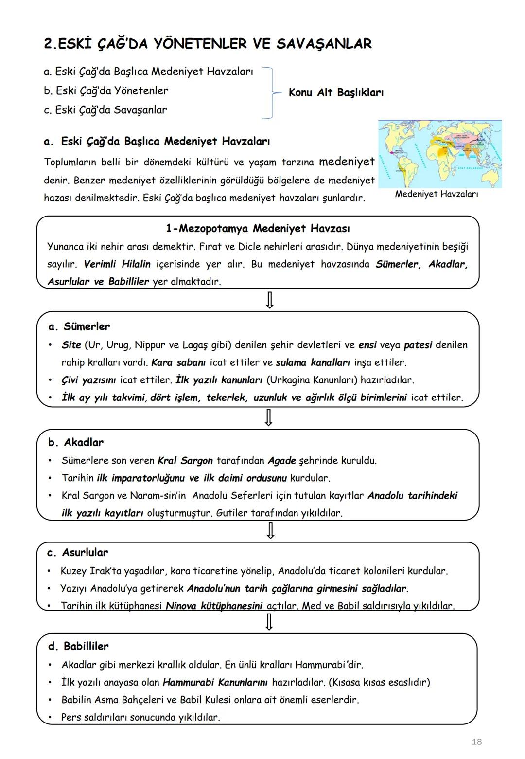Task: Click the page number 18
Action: click(x=476, y=741)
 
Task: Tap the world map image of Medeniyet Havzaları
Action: click(x=439, y=154)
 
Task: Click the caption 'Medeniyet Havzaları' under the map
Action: click(x=436, y=194)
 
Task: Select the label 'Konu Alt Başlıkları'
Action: click(x=336, y=92)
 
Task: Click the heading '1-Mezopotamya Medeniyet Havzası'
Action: click(x=258, y=228)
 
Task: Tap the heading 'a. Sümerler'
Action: click(x=79, y=326)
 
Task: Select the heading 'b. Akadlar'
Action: click(x=76, y=442)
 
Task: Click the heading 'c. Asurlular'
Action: click(x=78, y=552)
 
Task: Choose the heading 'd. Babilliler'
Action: click(x=78, y=646)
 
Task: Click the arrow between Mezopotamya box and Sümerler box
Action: click(x=269, y=300)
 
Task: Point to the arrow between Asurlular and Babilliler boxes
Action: click(x=269, y=622)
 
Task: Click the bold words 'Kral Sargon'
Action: click(x=185, y=460)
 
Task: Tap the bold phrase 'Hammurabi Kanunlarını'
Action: click(x=215, y=682)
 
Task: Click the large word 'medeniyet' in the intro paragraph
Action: click(x=347, y=162)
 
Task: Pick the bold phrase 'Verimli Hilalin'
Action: click(x=117, y=264)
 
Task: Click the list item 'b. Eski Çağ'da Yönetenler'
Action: click(x=106, y=91)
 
